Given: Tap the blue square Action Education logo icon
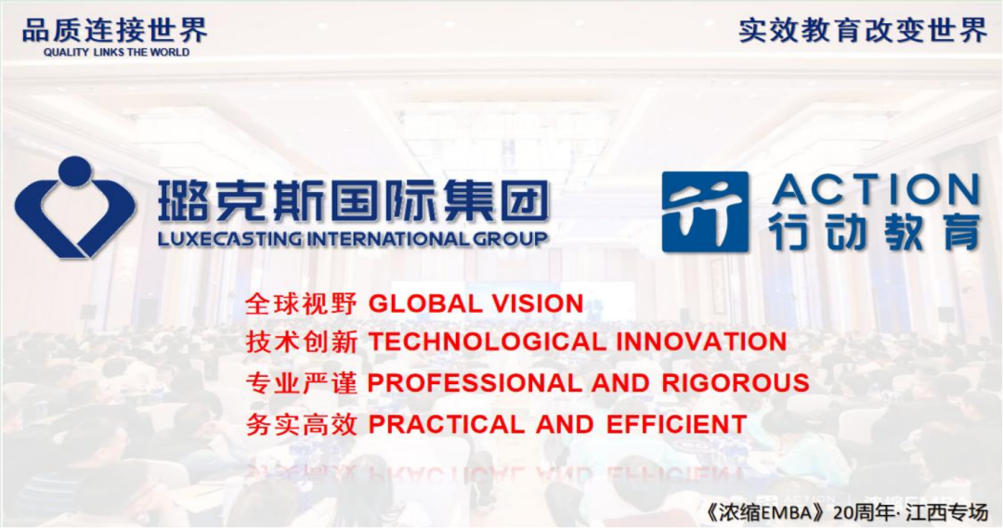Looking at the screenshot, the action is tap(705, 212).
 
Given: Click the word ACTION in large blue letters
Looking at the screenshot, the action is tap(876, 190).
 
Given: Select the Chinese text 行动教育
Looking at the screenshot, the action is tap(875, 233).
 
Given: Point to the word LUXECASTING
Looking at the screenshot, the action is tap(230, 239).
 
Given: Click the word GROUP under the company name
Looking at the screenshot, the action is tap(510, 239).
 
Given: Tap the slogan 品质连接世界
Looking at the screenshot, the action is tap(115, 30).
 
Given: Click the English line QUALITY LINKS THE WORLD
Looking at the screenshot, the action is tap(116, 52).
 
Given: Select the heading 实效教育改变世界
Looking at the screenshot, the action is tap(864, 30).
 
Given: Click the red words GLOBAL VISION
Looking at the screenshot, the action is tap(475, 303).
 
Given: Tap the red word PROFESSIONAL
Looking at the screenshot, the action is tap(474, 383).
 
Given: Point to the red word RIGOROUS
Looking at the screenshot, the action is tap(736, 383).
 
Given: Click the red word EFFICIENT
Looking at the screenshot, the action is tap(676, 424).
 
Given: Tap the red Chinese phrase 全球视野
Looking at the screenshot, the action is tap(301, 304).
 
